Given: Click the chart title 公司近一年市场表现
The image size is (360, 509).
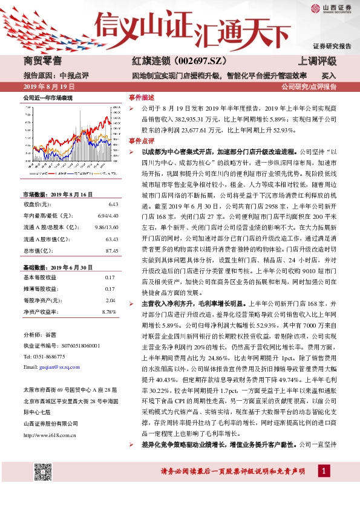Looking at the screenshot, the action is (48, 97).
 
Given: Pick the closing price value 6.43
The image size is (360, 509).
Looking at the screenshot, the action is (110, 205).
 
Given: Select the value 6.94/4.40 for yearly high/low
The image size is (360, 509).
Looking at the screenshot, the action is (103, 216).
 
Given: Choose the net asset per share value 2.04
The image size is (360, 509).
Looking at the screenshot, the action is (110, 300).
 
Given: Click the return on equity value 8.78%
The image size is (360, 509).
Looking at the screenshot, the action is (108, 311).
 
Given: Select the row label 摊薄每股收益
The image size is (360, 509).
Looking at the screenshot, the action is (40, 289).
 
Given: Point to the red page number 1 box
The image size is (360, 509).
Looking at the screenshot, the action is (326, 470).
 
